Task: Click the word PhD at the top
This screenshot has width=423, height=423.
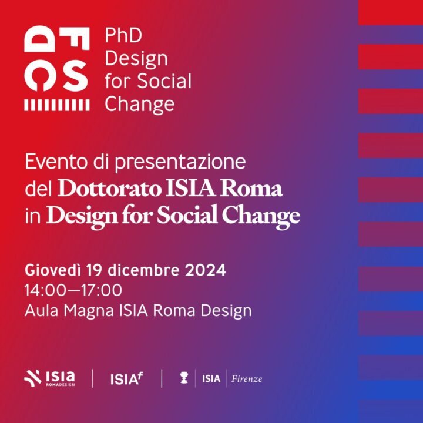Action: pyautogui.click(x=123, y=35)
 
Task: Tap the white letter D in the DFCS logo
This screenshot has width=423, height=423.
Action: pyautogui.click(x=40, y=39)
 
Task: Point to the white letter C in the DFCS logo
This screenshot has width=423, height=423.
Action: pyautogui.click(x=40, y=76)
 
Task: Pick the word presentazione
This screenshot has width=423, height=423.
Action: pyautogui.click(x=180, y=163)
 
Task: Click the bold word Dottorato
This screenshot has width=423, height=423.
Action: pyautogui.click(x=109, y=189)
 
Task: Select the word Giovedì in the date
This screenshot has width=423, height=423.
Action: pyautogui.click(x=53, y=270)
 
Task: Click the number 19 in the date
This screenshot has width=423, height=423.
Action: pyautogui.click(x=95, y=270)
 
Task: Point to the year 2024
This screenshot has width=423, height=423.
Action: pyautogui.click(x=205, y=270)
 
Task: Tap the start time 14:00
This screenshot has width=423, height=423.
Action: pyautogui.click(x=45, y=290)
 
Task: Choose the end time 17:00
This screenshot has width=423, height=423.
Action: pyautogui.click(x=102, y=290)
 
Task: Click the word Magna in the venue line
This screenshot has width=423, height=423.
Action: pyautogui.click(x=89, y=311)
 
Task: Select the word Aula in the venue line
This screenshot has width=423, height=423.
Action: pyautogui.click(x=42, y=311)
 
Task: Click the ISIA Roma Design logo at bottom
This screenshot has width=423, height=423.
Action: pyautogui.click(x=49, y=378)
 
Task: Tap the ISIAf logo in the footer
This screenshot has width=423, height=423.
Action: pyautogui.click(x=126, y=378)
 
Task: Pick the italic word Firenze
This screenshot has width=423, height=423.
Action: pyautogui.click(x=247, y=379)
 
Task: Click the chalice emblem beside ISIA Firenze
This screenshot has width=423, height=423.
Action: pyautogui.click(x=184, y=378)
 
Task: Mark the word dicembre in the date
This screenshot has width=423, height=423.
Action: pyautogui.click(x=143, y=270)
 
